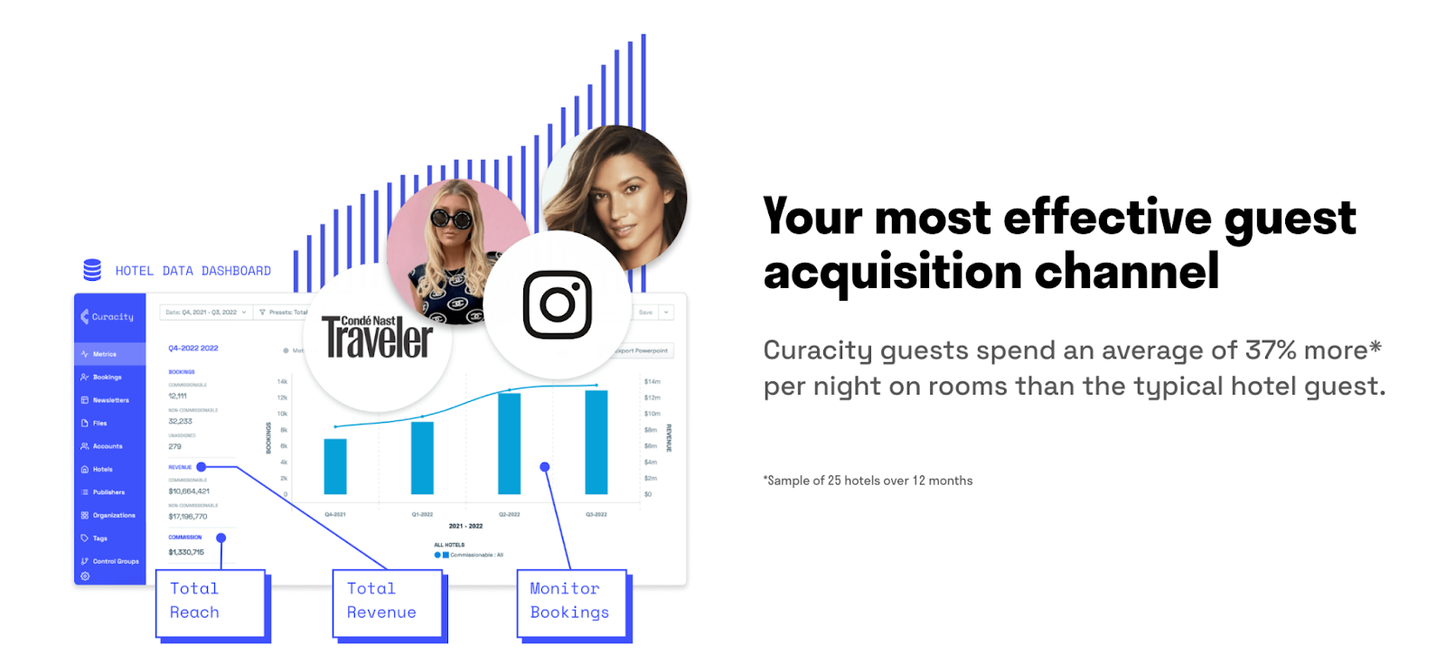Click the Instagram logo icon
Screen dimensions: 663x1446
[x=557, y=304]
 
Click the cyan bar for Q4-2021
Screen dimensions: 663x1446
[x=335, y=466]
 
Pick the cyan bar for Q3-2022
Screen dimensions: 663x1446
[x=596, y=442]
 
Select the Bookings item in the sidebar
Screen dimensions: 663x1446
[x=107, y=378]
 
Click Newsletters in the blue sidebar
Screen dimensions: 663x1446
[x=110, y=400]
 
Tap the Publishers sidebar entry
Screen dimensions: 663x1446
[x=108, y=492]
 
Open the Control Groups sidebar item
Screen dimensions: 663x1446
[x=115, y=561]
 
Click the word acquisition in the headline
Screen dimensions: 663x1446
[x=891, y=272]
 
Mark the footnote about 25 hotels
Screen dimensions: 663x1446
[x=868, y=481]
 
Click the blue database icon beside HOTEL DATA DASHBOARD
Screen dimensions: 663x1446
[x=92, y=270]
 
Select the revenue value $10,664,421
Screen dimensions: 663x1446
[x=189, y=491]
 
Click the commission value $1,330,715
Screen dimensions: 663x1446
[x=186, y=552]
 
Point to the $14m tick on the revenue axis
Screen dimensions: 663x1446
[x=652, y=381]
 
